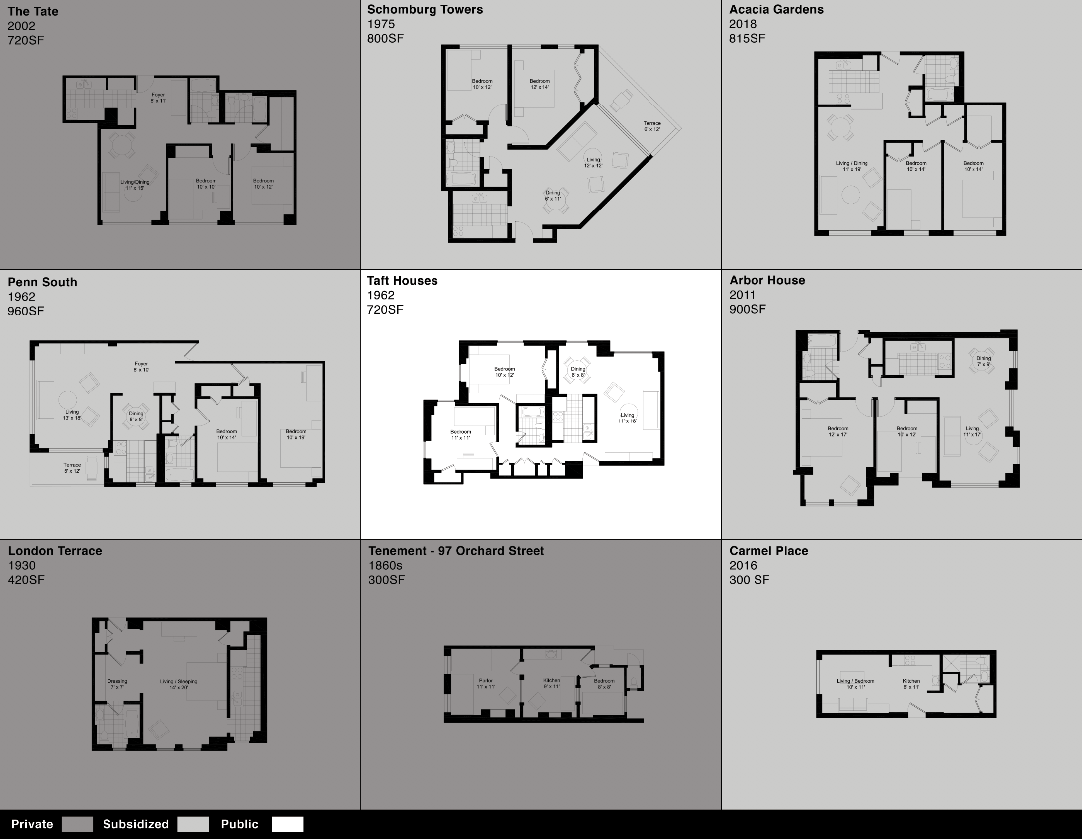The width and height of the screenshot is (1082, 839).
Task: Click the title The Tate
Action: coord(33,11)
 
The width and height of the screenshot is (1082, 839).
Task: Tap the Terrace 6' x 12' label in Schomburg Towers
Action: coord(651,126)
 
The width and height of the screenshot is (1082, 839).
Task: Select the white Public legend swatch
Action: coord(287,824)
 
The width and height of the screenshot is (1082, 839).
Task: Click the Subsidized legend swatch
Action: coord(193,824)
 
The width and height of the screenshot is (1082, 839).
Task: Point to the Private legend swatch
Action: coord(77,824)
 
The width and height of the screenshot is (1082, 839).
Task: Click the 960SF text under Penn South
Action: coord(26,311)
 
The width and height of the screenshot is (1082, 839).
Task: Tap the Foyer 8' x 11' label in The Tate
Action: coord(158,98)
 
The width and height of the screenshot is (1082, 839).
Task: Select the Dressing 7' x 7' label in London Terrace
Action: coord(117,684)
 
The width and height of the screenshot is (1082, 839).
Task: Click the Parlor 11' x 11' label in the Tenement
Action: coord(486,683)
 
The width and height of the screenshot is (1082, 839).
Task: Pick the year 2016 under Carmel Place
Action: coord(743,565)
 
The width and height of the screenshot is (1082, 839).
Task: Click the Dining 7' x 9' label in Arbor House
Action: coord(983,361)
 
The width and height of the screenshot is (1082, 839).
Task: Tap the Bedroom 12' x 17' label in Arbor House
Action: coord(838,431)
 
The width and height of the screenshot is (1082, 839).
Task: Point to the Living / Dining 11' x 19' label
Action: coord(852,166)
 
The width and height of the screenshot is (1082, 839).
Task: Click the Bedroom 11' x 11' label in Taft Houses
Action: coord(460,435)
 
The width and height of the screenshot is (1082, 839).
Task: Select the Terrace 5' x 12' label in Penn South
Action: coord(72,468)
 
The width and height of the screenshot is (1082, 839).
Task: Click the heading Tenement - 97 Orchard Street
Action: coord(456,551)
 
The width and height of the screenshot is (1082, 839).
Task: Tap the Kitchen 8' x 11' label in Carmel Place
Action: coord(911,684)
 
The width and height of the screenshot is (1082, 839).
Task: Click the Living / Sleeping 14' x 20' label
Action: coord(178,684)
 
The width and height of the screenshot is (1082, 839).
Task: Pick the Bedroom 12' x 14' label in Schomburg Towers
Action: coord(540,84)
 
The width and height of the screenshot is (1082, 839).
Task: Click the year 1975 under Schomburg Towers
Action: coord(381,24)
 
